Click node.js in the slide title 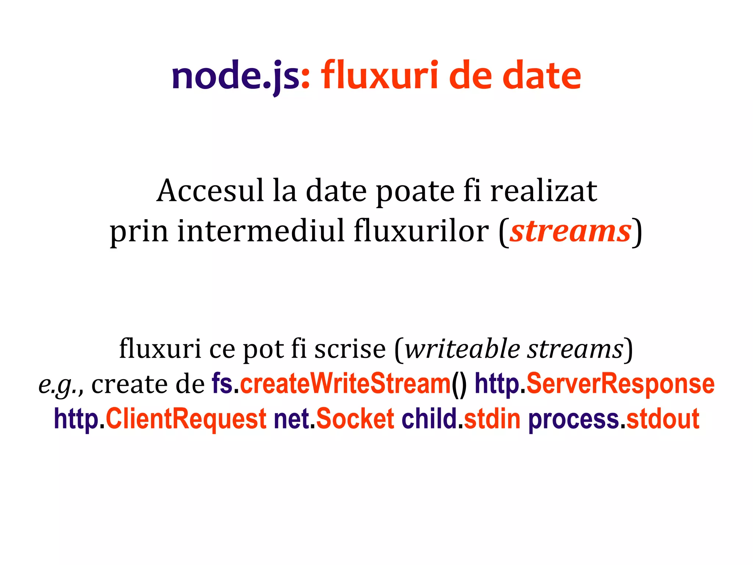click(x=235, y=76)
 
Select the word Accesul click(x=210, y=191)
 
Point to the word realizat click(x=544, y=191)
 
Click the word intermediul click(x=261, y=231)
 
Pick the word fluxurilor click(x=421, y=231)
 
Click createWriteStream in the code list click(x=345, y=384)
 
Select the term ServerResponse click(x=620, y=384)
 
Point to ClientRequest click(x=186, y=419)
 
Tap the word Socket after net click(x=355, y=419)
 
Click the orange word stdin click(x=492, y=419)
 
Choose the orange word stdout click(x=663, y=419)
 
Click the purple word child click(x=429, y=419)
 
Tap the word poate click(x=415, y=192)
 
